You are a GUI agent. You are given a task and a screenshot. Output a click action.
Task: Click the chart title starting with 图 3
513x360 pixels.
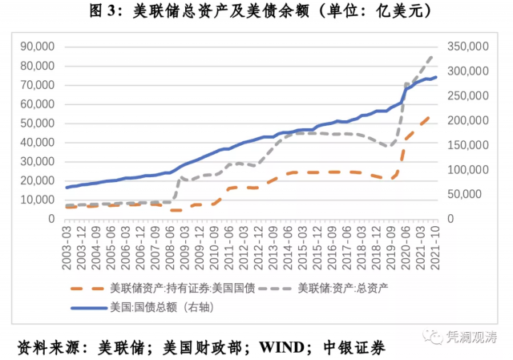pos(256,11)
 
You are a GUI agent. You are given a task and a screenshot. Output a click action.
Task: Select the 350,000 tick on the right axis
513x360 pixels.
pos(469,47)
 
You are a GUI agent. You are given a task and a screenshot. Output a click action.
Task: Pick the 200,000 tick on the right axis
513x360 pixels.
pos(469,120)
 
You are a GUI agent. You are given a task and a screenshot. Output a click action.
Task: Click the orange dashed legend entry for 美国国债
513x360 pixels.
pos(184,288)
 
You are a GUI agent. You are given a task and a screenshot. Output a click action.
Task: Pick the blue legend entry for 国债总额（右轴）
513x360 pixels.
pos(160,306)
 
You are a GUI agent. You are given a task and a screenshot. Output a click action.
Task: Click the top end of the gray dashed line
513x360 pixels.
pos(433,56)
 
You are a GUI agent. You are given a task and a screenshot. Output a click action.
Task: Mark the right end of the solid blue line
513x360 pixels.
pos(436,78)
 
